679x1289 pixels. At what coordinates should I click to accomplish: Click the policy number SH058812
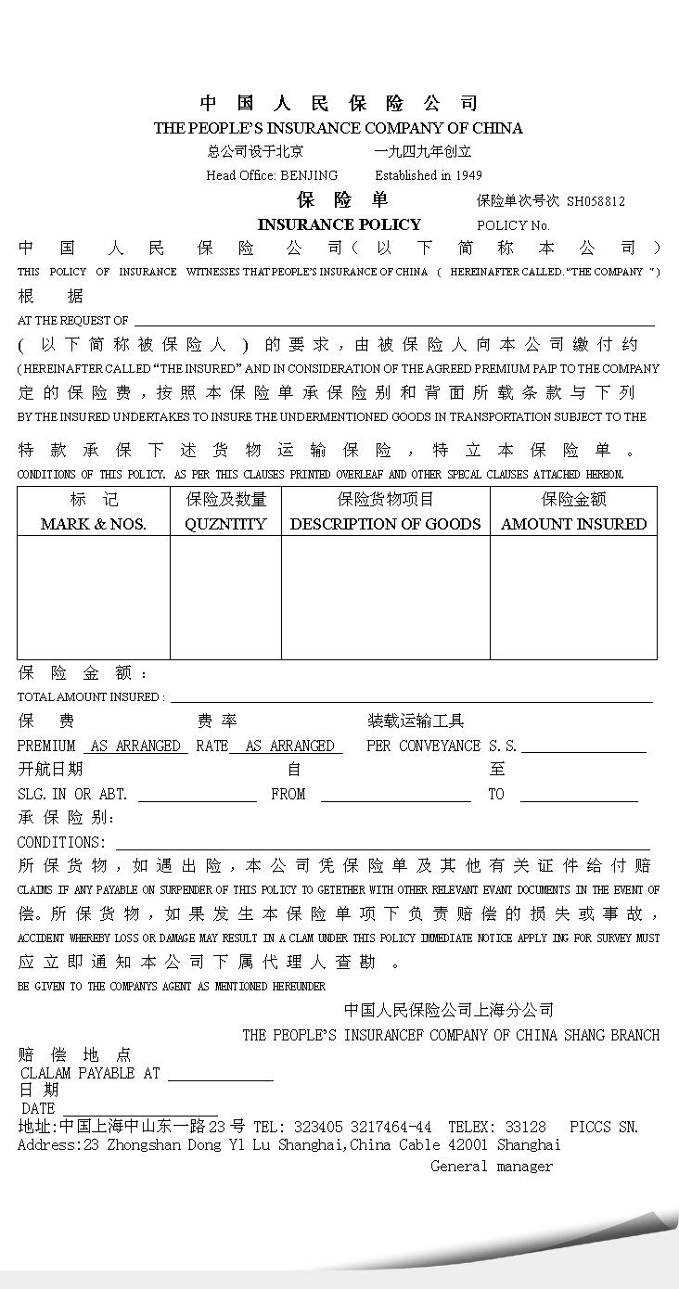click(x=596, y=200)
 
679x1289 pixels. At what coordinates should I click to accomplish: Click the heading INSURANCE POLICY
click(x=339, y=224)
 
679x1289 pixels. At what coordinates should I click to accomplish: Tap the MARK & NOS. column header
click(x=93, y=524)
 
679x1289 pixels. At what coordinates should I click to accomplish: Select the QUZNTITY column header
click(x=225, y=524)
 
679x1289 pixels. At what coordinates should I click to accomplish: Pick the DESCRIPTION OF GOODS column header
click(x=385, y=524)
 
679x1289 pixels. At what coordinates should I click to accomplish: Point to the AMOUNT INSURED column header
click(x=573, y=524)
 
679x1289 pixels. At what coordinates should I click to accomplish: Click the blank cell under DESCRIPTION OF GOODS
click(x=385, y=597)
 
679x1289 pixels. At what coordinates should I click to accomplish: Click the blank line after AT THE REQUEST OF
click(x=394, y=321)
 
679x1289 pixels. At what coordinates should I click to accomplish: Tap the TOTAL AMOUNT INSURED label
click(x=90, y=697)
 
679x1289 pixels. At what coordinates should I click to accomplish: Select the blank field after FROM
click(x=396, y=796)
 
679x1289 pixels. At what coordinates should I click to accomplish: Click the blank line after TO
click(x=579, y=796)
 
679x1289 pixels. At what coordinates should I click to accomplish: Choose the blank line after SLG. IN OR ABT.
click(x=197, y=796)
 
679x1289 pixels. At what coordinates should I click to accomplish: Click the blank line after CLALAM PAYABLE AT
click(x=220, y=1075)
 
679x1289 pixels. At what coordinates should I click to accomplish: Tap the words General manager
click(x=491, y=1167)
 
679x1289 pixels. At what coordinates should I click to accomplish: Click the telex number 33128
click(x=525, y=1128)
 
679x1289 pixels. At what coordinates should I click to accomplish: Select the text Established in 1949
click(x=429, y=175)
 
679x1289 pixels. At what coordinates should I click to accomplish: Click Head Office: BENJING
click(x=272, y=175)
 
